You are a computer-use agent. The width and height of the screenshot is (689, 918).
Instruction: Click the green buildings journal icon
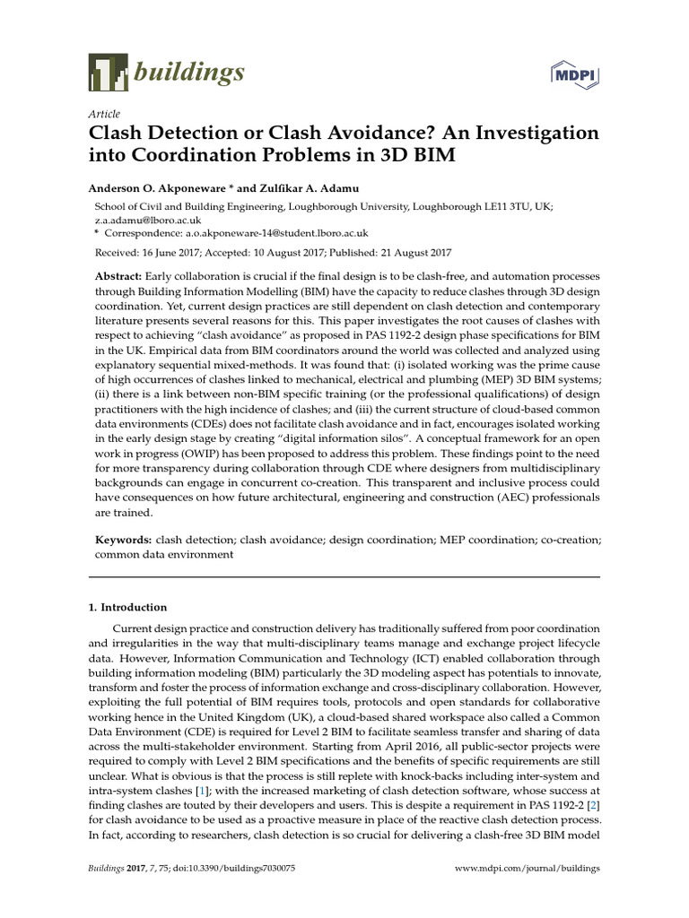pos(107,70)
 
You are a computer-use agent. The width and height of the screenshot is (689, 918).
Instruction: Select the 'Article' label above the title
pos(104,116)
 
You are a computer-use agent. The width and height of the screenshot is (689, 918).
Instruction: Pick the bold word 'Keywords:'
pos(124,541)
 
